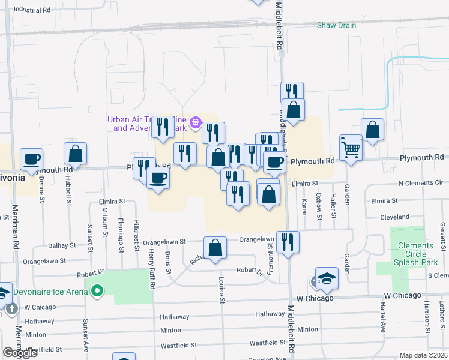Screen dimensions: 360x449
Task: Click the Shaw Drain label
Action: coord(336,25)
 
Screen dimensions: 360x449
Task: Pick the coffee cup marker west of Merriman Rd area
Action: coord(31,160)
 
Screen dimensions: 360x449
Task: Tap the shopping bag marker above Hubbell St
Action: coord(75,154)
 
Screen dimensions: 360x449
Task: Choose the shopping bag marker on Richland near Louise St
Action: coord(215,248)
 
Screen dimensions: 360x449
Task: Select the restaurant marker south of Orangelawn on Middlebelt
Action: coord(288,242)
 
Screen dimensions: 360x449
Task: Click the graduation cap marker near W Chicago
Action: coord(327,278)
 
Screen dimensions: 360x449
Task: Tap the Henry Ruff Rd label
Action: coord(152,269)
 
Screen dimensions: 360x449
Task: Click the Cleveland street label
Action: coord(394,217)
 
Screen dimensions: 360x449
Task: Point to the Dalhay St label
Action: coord(62,245)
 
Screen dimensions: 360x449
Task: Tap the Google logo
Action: coord(20,353)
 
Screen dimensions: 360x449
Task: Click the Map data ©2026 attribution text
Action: coord(423,355)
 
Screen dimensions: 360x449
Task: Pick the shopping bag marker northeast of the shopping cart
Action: coord(372,130)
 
